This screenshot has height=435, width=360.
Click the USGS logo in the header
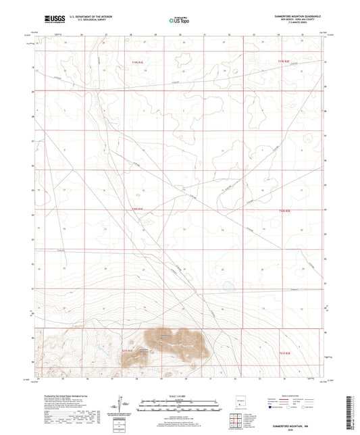click(x=51, y=19)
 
